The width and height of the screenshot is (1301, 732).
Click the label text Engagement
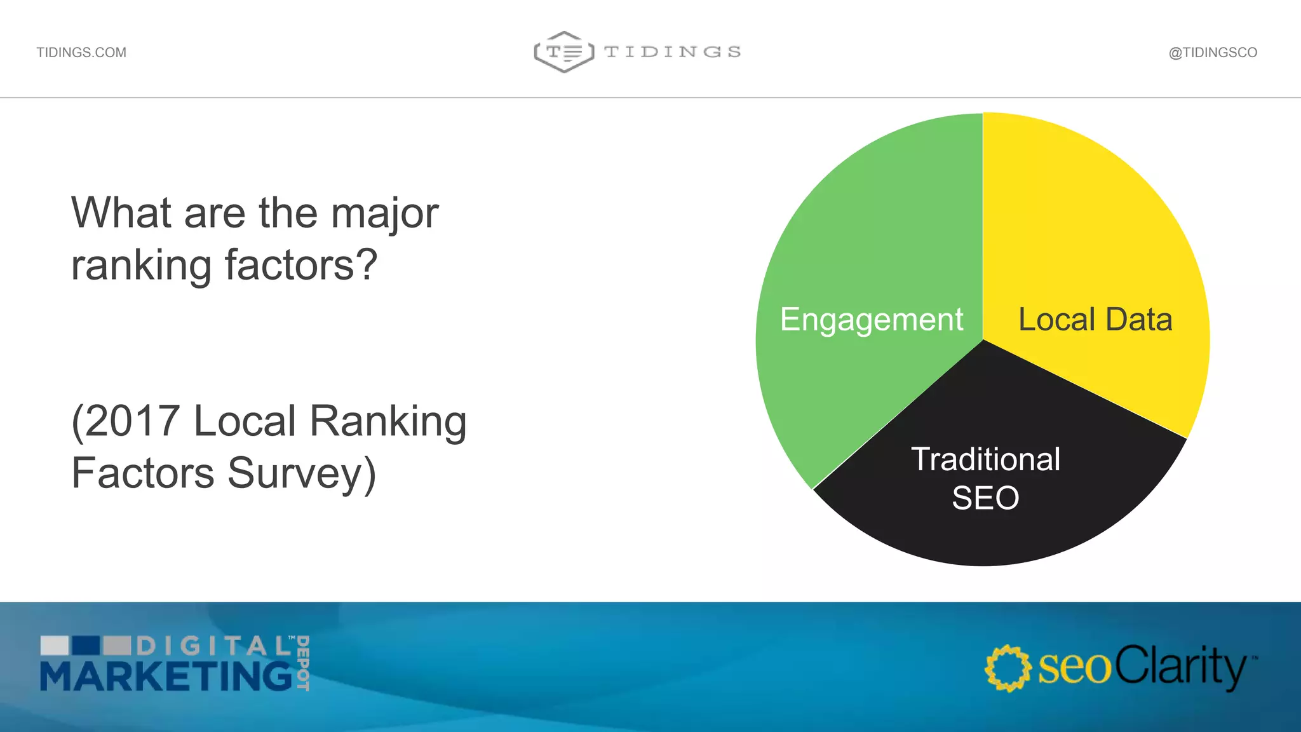(872, 320)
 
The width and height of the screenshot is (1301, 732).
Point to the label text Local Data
(1095, 320)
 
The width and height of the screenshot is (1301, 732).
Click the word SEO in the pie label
(985, 498)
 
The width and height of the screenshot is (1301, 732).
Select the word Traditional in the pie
(985, 459)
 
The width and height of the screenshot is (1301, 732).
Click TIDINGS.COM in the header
(81, 53)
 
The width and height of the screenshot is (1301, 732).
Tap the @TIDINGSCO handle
(1213, 53)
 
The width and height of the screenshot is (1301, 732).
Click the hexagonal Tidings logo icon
(564, 52)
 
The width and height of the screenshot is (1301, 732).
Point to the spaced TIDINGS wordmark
(673, 52)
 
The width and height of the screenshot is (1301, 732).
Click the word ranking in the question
(141, 266)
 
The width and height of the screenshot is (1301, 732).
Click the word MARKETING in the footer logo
(166, 676)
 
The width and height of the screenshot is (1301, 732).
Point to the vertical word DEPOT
(303, 663)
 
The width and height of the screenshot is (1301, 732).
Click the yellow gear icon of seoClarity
(1008, 668)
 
